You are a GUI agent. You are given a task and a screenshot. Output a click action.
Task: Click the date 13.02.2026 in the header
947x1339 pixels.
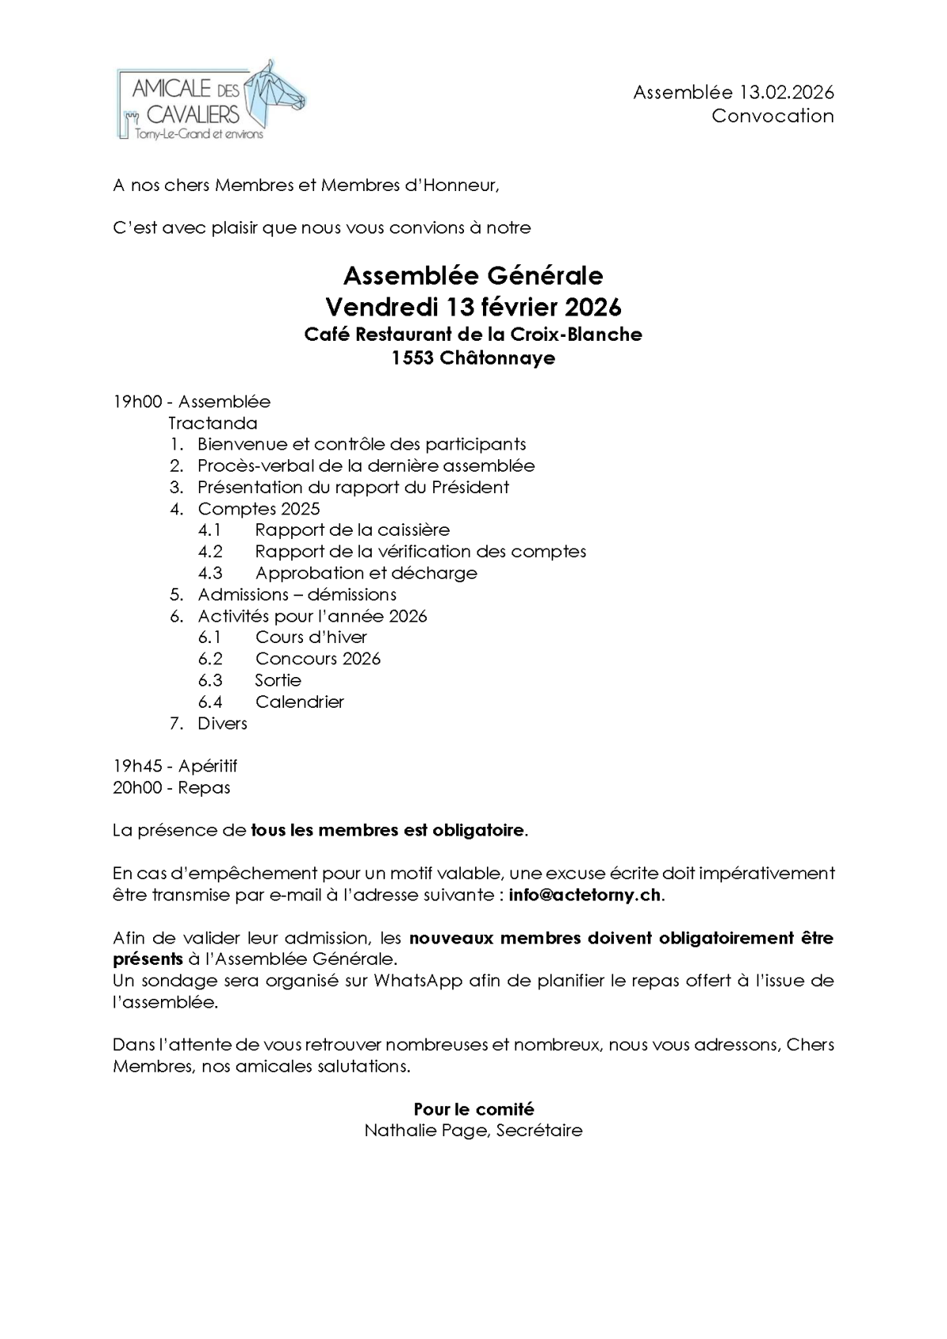pos(786,92)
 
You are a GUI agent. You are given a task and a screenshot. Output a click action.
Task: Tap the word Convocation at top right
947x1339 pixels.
pos(773,116)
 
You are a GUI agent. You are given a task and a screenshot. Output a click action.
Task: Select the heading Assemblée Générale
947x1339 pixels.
pos(473,275)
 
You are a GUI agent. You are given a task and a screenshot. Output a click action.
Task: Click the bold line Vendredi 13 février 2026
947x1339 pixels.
pos(473,305)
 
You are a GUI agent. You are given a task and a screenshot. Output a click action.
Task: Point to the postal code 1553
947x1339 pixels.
pos(412,358)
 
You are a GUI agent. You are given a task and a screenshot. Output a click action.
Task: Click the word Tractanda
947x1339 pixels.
pos(213,423)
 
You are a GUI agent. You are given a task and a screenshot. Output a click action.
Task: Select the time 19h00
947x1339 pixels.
pos(137,402)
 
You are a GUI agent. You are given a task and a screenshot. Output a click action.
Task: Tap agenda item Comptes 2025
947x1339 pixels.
pos(259,509)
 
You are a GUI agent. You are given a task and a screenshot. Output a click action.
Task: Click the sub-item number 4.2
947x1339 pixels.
pos(210,552)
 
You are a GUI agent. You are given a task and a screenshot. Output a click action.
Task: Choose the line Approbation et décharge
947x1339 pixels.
pos(366,573)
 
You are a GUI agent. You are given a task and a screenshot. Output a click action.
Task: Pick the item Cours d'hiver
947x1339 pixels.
pos(311,638)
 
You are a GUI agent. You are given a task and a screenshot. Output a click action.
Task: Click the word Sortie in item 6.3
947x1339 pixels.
pos(278,680)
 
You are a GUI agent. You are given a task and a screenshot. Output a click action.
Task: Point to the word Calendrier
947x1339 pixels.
pos(300,701)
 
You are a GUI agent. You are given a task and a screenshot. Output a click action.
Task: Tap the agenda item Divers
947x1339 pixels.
pos(223,724)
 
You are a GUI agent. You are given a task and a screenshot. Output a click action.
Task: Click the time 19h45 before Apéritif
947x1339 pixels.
pos(137,766)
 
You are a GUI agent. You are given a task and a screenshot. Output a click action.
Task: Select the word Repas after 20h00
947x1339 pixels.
pos(204,787)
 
